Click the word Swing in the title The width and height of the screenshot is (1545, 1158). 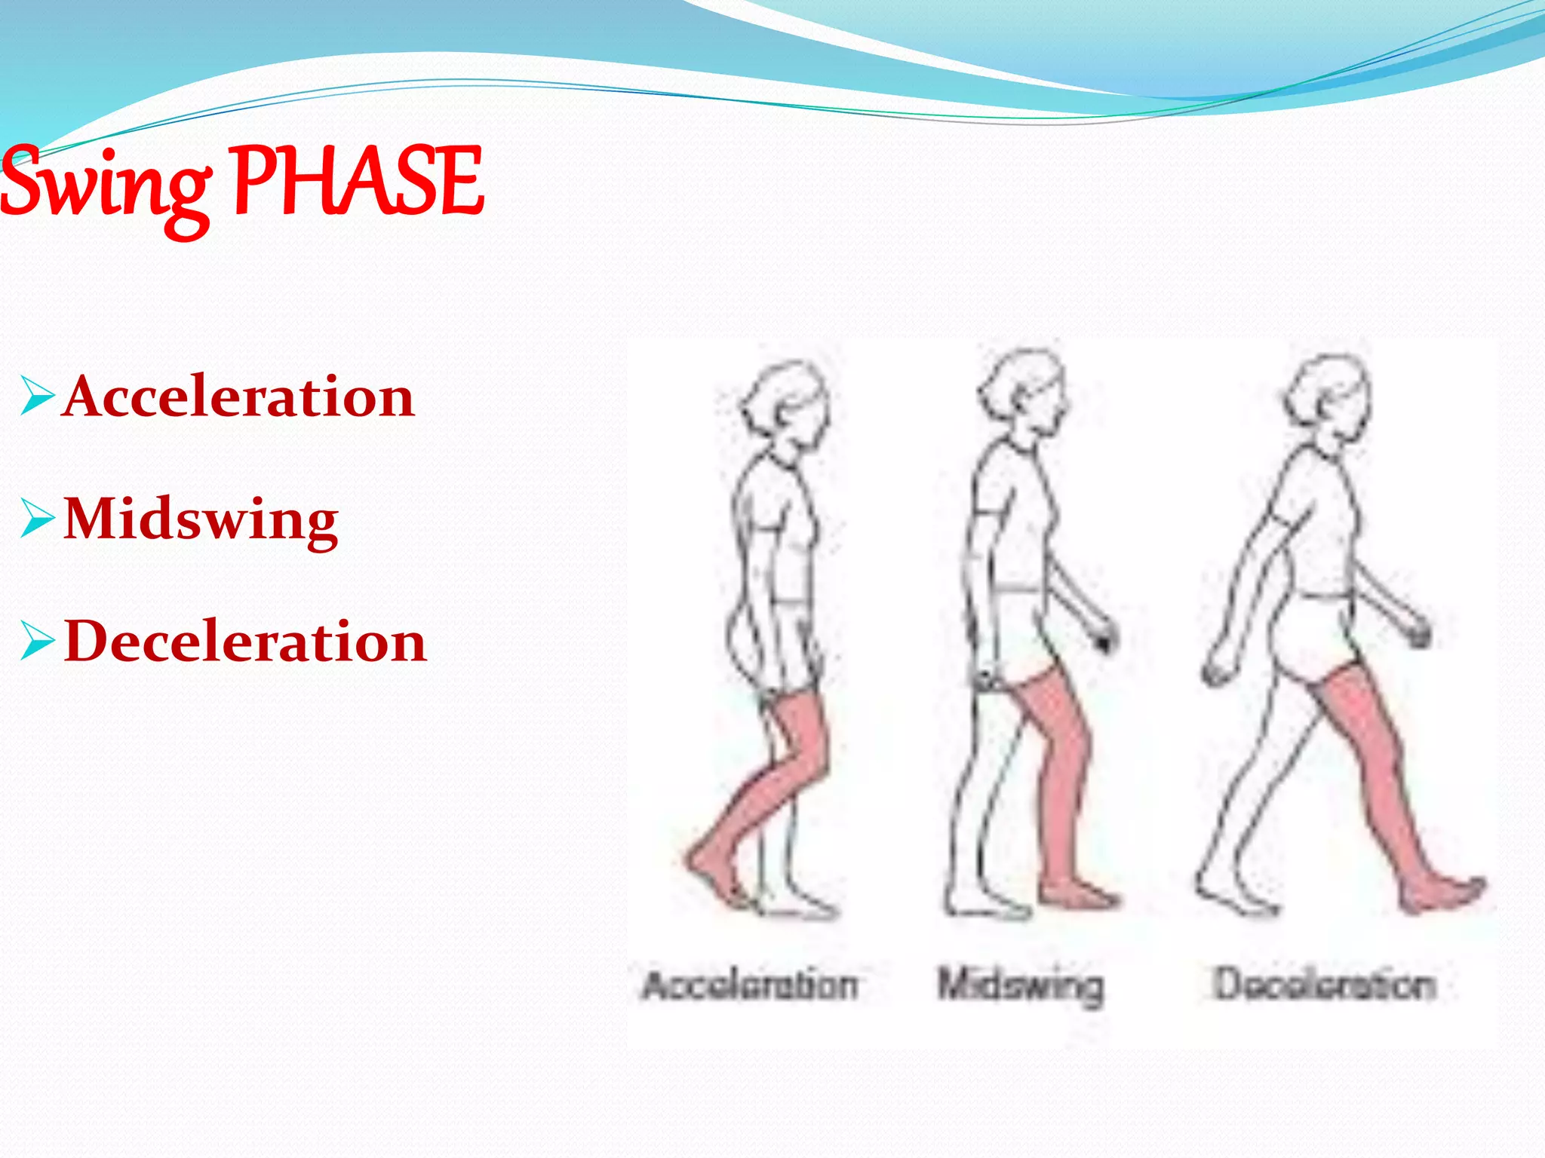[106, 185]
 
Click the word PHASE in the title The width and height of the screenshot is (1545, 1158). [358, 181]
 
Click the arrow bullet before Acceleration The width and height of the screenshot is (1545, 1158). [37, 397]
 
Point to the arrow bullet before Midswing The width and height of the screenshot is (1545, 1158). [37, 519]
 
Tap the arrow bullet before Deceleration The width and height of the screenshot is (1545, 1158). [37, 642]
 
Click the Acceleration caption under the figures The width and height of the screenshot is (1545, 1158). [750, 985]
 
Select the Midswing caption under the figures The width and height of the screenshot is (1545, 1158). [1020, 985]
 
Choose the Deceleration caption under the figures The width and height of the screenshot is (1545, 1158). [1324, 985]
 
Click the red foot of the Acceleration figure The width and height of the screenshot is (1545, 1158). [713, 878]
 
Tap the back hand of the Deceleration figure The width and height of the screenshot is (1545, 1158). [1216, 671]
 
